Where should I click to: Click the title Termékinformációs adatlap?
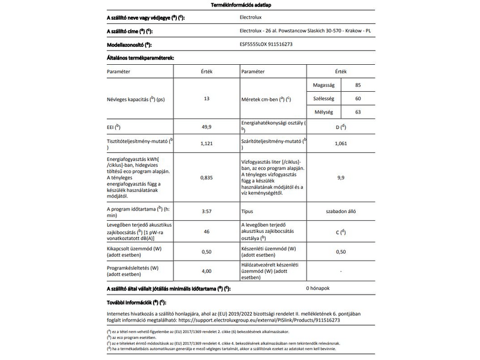point(239,5)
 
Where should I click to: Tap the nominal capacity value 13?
point(207,98)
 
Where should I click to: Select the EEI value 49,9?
point(207,127)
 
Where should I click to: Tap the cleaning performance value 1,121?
point(207,143)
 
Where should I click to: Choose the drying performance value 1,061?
point(340,143)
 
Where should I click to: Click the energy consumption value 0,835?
point(207,178)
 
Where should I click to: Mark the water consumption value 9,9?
point(340,178)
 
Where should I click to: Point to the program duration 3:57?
point(207,212)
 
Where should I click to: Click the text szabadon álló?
point(340,212)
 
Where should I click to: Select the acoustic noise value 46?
point(207,231)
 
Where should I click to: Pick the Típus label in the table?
point(247,212)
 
